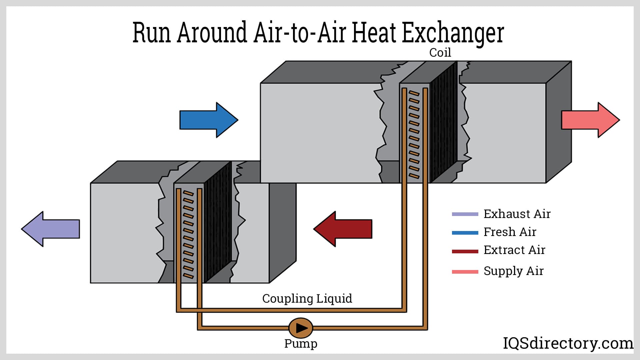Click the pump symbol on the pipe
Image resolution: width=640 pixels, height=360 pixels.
coord(301,328)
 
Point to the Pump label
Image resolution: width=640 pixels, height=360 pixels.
coord(301,343)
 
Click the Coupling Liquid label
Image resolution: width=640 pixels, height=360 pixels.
coord(307,298)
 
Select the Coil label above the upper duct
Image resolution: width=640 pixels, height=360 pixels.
coord(440,53)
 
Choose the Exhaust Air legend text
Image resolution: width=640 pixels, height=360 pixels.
coord(517,214)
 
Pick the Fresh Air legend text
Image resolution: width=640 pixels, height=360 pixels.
coord(510,232)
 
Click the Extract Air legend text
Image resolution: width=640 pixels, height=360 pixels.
coord(514,250)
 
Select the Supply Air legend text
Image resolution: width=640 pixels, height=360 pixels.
coord(514,271)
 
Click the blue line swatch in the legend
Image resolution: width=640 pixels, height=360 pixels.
coord(465,233)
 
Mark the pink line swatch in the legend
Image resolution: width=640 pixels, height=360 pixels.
coord(465,272)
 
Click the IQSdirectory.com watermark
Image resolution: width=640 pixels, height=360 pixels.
coord(568,343)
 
